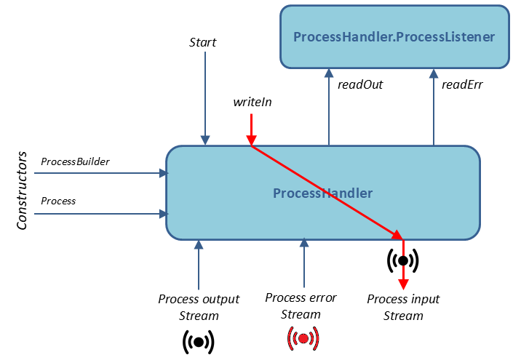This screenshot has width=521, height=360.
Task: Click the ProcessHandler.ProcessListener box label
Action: (394, 36)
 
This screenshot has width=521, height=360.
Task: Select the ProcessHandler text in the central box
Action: (322, 193)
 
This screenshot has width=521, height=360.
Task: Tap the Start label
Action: (203, 42)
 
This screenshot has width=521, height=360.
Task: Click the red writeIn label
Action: (252, 102)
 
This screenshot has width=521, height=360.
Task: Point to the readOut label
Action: (360, 84)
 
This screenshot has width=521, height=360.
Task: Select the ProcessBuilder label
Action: (75, 161)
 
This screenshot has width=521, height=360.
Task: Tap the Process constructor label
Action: (58, 201)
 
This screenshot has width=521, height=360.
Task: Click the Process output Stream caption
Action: (199, 307)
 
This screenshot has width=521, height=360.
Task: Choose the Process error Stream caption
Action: (301, 306)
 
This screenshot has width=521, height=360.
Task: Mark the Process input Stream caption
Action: (403, 307)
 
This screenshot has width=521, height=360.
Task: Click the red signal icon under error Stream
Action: (303, 338)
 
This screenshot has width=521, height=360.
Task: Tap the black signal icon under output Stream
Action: (199, 340)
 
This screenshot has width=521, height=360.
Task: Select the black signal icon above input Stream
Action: (402, 260)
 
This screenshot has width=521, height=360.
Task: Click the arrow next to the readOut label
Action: (329, 106)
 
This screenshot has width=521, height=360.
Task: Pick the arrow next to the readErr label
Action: (434, 106)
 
